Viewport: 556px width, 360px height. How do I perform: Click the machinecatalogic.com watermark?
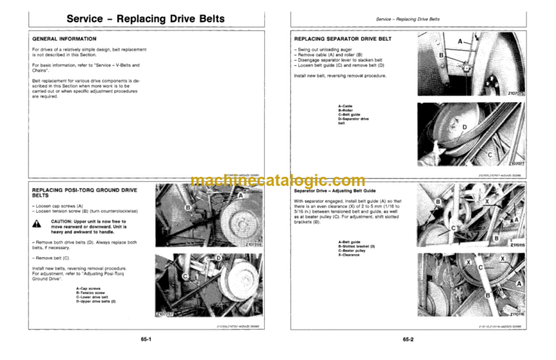coord(278,180)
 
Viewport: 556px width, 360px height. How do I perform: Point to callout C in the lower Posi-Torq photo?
coord(166,275)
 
